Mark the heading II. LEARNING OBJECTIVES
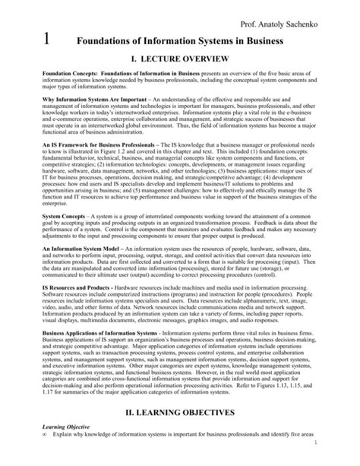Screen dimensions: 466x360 click(x=179, y=434)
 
